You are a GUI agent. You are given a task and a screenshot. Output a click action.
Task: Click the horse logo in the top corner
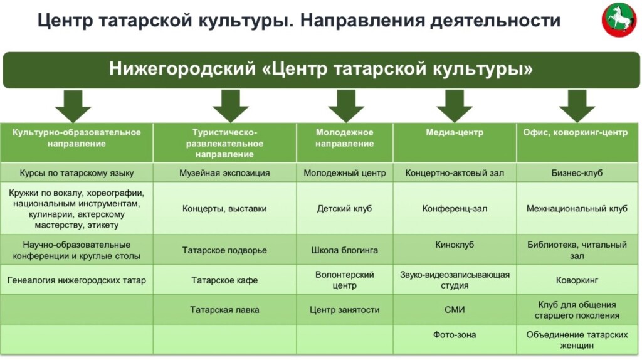[619, 20]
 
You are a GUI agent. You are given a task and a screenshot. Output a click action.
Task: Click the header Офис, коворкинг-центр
[576, 132]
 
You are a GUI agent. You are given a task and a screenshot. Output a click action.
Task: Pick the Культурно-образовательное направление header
[76, 138]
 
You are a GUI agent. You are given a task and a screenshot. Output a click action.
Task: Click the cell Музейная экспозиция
[224, 173]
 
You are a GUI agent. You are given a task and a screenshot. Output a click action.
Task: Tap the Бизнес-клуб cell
[577, 173]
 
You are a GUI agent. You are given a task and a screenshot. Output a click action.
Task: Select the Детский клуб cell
[344, 208]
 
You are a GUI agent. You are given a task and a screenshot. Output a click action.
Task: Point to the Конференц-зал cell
[455, 208]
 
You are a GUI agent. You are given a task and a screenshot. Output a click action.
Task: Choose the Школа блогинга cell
[344, 250]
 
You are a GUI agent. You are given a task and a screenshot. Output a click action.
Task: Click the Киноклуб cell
[455, 245]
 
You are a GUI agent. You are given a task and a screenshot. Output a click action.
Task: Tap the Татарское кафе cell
[224, 280]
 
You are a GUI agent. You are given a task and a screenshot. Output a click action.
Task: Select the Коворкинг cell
[577, 280]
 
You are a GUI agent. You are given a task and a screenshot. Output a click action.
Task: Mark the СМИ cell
[455, 310]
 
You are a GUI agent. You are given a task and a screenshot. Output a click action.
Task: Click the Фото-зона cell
[455, 335]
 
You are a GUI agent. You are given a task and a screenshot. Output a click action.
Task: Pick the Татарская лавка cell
[224, 310]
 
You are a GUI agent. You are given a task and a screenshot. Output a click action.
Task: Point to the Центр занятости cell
[344, 310]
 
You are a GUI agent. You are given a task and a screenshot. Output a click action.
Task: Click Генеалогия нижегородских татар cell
[76, 280]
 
